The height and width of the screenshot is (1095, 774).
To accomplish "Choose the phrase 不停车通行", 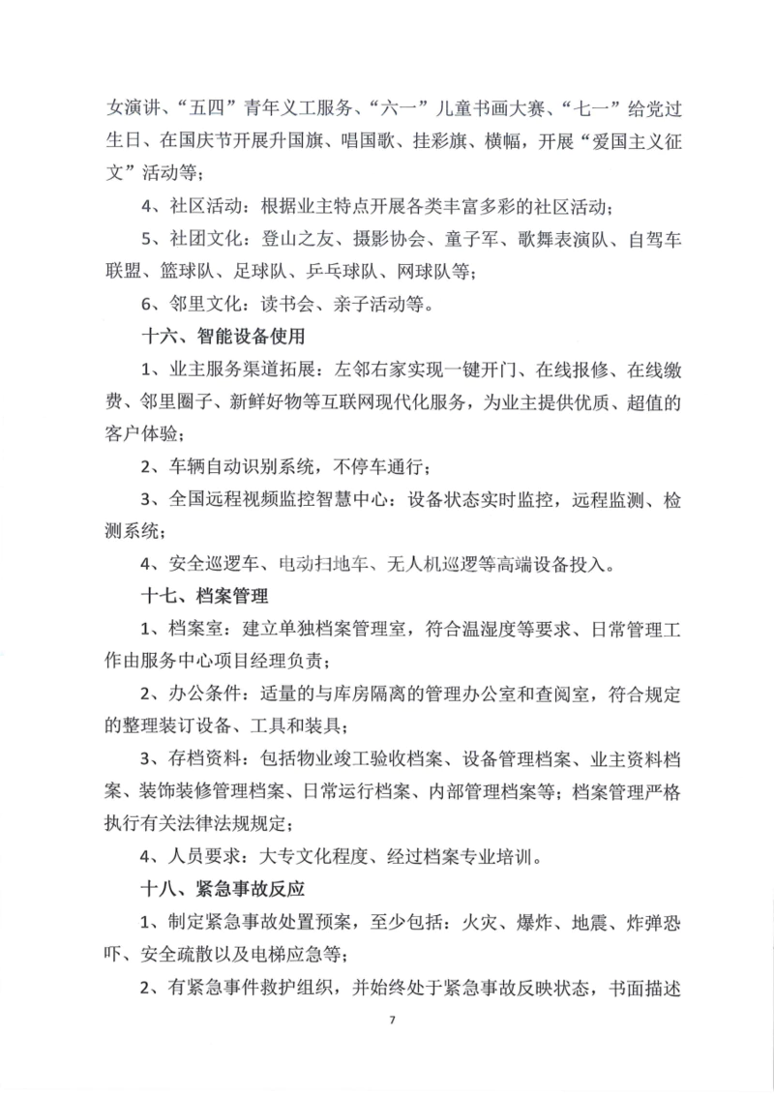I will tap(378, 466).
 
